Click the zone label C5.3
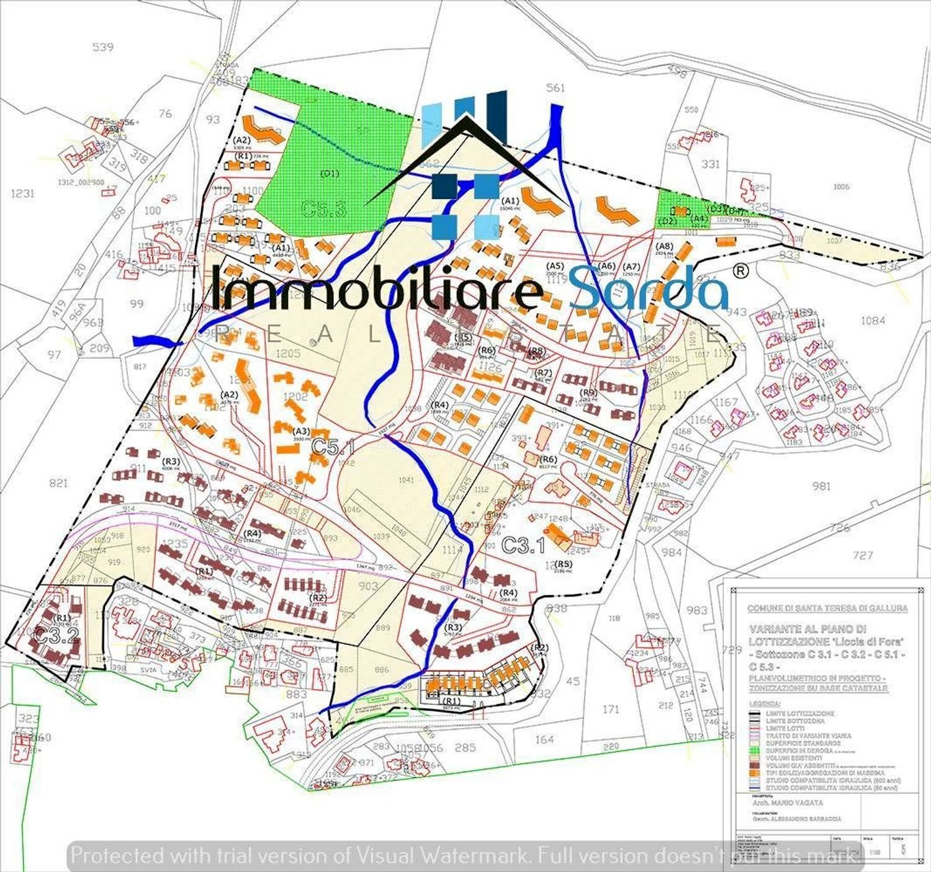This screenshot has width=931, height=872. pyautogui.click(x=323, y=208)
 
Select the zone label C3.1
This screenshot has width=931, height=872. pyautogui.click(x=523, y=546)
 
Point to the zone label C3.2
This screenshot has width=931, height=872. pyautogui.click(x=56, y=634)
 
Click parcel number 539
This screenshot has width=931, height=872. pyautogui.click(x=102, y=47)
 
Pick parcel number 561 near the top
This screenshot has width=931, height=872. pyautogui.click(x=555, y=87)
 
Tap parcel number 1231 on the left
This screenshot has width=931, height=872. pyautogui.click(x=22, y=194)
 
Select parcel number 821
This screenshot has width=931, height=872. pyautogui.click(x=58, y=483)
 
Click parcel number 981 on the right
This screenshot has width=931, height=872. pyautogui.click(x=821, y=486)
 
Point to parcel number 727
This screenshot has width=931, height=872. pyautogui.click(x=863, y=556)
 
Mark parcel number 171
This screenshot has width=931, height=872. pyautogui.click(x=611, y=708)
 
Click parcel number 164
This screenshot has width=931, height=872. pyautogui.click(x=544, y=739)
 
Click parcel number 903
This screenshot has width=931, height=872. pyautogui.click(x=368, y=586)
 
